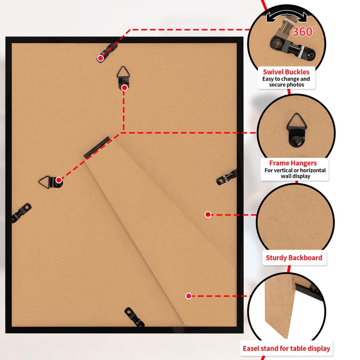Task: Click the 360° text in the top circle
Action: point(305,31)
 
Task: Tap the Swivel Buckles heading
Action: point(286,72)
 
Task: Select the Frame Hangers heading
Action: point(293,163)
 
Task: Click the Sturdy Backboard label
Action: point(294,257)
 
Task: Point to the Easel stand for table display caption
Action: point(286,348)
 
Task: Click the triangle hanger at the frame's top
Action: point(123,77)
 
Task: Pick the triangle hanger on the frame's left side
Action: point(50,182)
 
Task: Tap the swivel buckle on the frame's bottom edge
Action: point(134,317)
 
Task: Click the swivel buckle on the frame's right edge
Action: point(227,177)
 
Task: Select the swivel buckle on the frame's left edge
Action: point(21,212)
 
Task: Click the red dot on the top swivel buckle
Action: point(100,58)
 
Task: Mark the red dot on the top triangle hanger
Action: point(125,87)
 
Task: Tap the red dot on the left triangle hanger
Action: point(59,180)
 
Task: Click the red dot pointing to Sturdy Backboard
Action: point(208,215)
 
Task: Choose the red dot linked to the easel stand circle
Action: point(189,296)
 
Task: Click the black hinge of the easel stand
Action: point(97,148)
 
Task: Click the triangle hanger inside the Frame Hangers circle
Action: point(297,130)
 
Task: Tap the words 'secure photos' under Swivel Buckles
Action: point(287,85)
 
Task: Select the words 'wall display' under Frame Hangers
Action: point(296,176)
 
